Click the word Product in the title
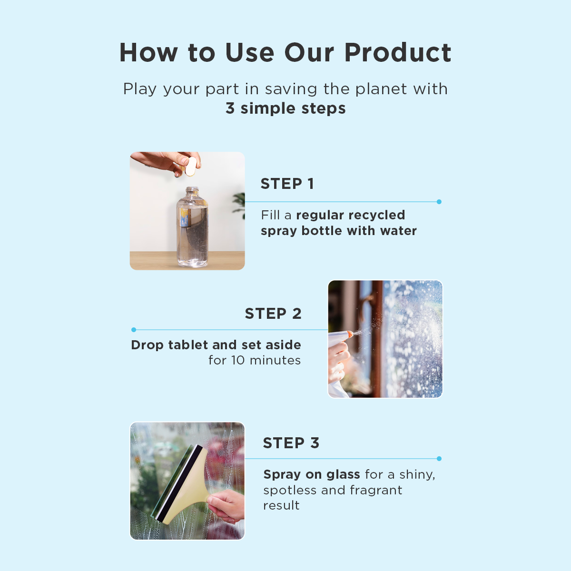pos(398,52)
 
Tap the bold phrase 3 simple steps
pos(285,108)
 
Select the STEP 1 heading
pos(287,184)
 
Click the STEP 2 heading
pos(273,314)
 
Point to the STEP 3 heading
pos(291,443)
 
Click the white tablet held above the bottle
pos(191,166)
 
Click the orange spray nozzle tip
pos(350,334)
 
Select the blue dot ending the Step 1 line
pos(439,202)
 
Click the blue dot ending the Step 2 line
pos(134,329)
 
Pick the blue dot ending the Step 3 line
pos(439,459)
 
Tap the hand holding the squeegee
pos(226,506)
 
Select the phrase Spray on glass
pos(312,475)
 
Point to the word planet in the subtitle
pos(381,89)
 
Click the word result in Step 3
pos(282,505)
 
